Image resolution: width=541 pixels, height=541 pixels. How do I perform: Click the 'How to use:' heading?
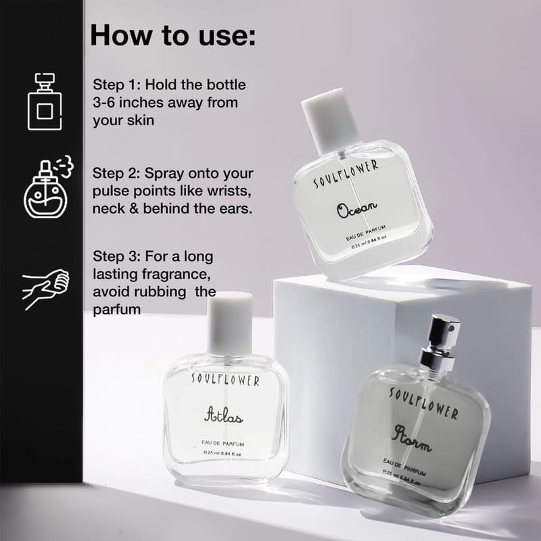(x=173, y=35)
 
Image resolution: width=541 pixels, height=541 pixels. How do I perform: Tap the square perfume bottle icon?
(x=45, y=101)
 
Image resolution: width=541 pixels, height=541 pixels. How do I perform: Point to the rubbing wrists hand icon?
(x=45, y=289)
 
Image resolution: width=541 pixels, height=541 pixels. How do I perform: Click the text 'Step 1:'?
(x=116, y=85)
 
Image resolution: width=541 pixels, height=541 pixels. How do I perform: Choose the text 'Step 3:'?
(x=116, y=256)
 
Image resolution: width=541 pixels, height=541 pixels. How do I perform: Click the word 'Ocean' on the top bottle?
(x=357, y=209)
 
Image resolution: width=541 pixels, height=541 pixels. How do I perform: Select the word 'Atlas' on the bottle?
(x=224, y=415)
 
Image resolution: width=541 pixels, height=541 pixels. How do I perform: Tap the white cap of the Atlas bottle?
(x=230, y=323)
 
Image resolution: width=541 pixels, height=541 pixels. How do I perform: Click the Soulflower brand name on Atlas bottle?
(x=225, y=379)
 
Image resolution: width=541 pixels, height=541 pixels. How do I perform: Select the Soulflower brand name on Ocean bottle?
(x=346, y=174)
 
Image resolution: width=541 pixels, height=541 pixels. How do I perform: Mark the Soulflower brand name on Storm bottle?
(x=424, y=403)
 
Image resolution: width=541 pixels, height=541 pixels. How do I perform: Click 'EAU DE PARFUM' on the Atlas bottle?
(x=223, y=444)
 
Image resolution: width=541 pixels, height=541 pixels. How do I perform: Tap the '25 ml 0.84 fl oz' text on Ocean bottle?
(x=369, y=241)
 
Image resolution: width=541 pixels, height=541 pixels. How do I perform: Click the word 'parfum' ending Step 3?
(x=116, y=310)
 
